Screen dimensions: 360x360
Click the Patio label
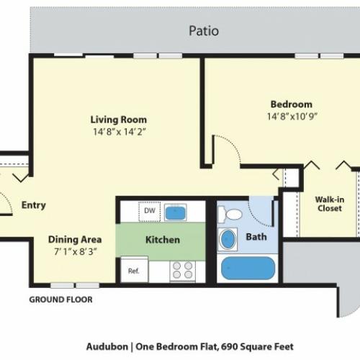[x=204, y=31]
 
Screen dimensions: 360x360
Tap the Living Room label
[x=119, y=120]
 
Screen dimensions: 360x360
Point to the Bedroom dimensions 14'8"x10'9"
[x=292, y=117]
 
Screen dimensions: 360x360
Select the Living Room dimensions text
[x=120, y=132]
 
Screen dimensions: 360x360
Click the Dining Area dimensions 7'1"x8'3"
[x=76, y=251]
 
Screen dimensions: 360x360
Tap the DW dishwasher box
[x=150, y=211]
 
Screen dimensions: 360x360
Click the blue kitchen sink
[x=175, y=212]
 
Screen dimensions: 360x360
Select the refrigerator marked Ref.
[x=134, y=269]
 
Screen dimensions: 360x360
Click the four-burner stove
[x=183, y=271]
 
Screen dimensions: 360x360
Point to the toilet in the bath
[x=230, y=215]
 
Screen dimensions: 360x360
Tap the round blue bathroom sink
[x=228, y=239]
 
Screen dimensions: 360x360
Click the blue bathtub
[x=248, y=268]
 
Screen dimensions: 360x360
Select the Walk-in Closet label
[x=330, y=204]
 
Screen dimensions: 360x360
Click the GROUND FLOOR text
[x=60, y=300]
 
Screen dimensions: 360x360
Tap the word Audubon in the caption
[x=107, y=346]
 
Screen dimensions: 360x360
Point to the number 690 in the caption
[x=230, y=346]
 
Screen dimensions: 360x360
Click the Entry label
[x=34, y=205]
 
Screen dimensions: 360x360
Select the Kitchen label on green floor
[x=163, y=240]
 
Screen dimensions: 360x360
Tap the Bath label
[x=256, y=237]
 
